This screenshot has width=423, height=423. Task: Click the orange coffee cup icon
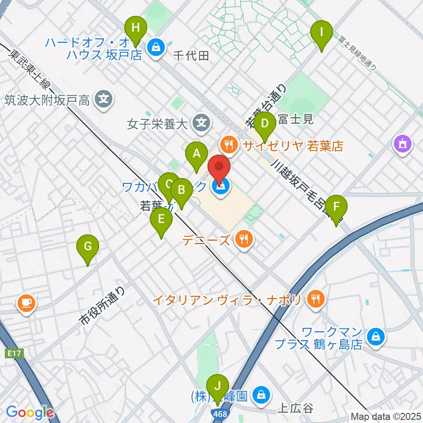coord(26,304)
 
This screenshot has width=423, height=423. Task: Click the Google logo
coord(30,412)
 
